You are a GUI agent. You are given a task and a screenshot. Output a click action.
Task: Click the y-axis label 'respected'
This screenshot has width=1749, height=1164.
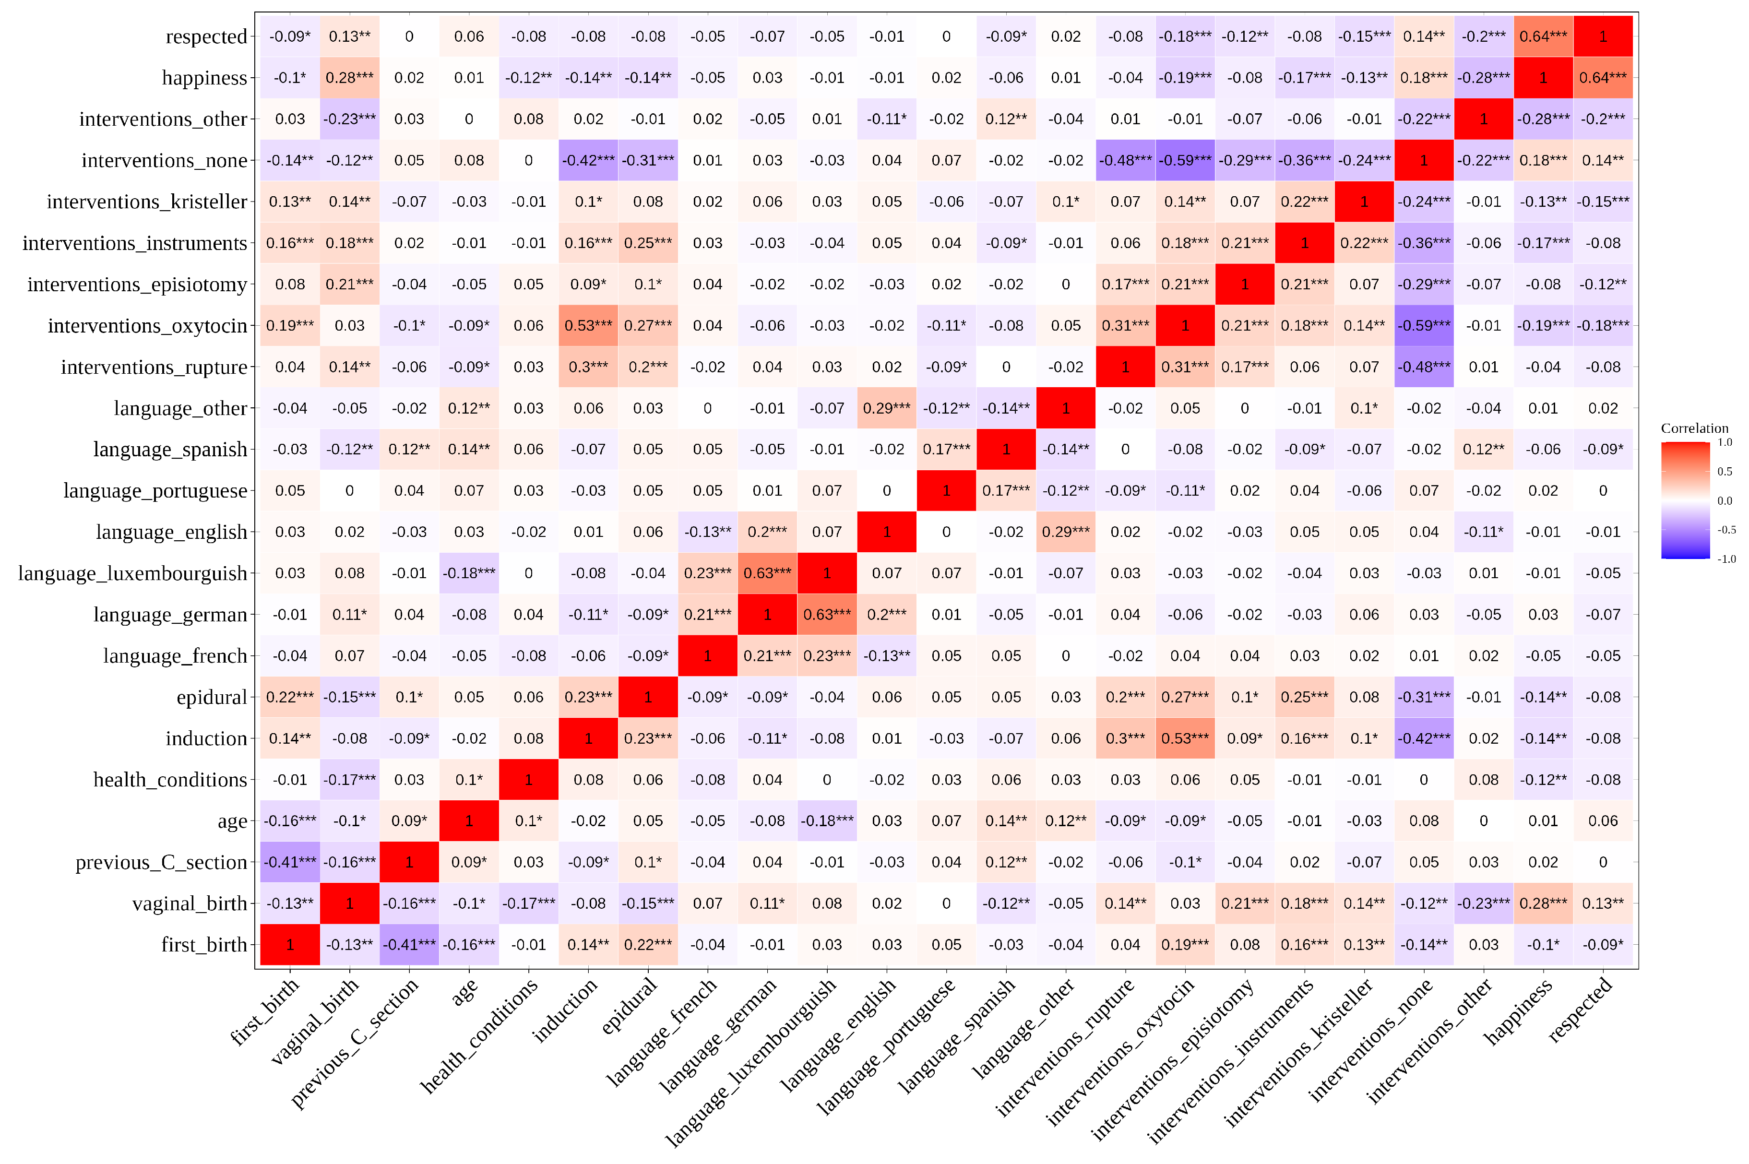pyautogui.click(x=206, y=36)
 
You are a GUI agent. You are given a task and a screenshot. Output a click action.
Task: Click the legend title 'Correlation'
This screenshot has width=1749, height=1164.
pyautogui.click(x=1694, y=428)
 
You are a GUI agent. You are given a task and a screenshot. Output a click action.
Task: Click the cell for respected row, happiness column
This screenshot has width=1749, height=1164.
pyautogui.click(x=1543, y=36)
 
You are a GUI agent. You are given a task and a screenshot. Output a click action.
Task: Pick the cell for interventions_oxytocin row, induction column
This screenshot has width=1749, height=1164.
pyautogui.click(x=588, y=326)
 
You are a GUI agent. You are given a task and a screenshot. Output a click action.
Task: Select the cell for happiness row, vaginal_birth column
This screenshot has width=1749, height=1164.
pyautogui.click(x=350, y=78)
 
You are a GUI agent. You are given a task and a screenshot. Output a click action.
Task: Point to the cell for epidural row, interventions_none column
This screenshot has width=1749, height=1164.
pyautogui.click(x=1423, y=697)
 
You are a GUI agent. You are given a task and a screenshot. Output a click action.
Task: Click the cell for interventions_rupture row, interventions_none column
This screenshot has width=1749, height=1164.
pyautogui.click(x=1423, y=367)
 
